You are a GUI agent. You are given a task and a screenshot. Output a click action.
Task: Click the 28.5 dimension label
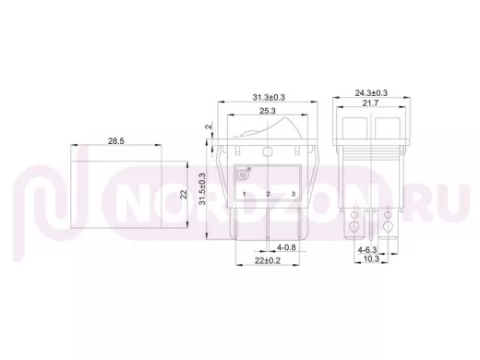pyautogui.click(x=116, y=141)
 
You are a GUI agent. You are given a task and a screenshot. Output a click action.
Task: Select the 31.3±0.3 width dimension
pyautogui.click(x=269, y=97)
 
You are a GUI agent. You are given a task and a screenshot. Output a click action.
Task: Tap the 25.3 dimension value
pyautogui.click(x=267, y=111)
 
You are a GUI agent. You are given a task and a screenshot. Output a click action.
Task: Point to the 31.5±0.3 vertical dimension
pyautogui.click(x=202, y=188)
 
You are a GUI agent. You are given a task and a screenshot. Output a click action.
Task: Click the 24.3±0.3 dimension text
pyautogui.click(x=371, y=92)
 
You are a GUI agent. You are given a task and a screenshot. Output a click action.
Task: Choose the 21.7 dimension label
pyautogui.click(x=370, y=103)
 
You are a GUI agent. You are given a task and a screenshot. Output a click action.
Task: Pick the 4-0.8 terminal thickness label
pyautogui.click(x=286, y=247)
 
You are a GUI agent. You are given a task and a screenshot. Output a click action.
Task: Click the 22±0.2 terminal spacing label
pyautogui.click(x=268, y=260)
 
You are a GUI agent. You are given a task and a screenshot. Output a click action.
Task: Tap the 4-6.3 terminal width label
pyautogui.click(x=367, y=250)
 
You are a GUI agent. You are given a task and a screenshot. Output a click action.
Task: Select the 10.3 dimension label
pyautogui.click(x=371, y=259)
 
